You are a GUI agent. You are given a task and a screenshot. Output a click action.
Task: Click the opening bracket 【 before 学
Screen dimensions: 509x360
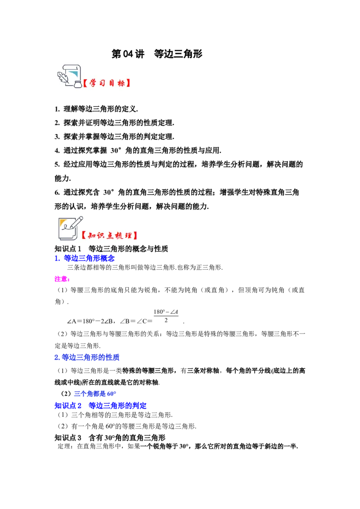[85, 83]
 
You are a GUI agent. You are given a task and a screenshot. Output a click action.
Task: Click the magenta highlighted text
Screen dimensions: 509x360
[62, 280]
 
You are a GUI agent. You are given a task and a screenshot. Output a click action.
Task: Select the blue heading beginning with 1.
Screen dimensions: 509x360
[85, 258]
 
